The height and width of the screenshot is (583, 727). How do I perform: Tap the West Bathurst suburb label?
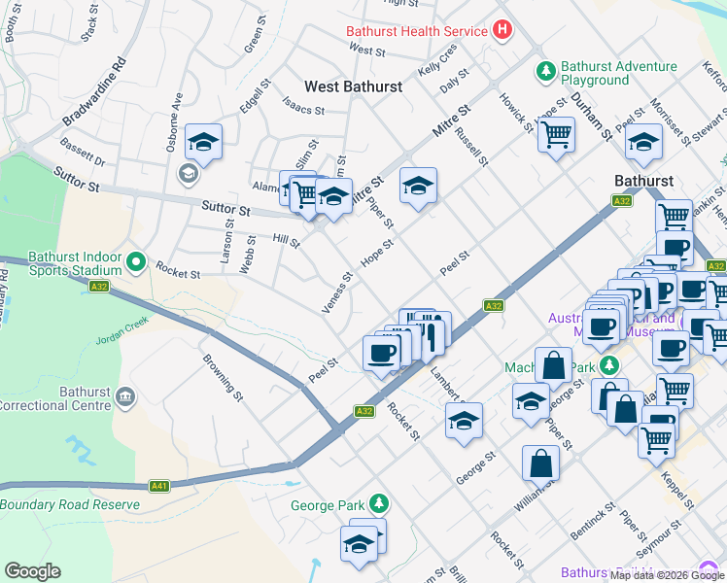point(353,86)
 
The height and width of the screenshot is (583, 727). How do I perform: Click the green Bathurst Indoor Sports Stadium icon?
point(137,262)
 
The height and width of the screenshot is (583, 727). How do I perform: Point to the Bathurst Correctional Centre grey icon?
point(124,396)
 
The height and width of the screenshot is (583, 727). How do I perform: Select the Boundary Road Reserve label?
point(70,504)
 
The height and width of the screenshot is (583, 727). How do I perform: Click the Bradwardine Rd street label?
point(94,93)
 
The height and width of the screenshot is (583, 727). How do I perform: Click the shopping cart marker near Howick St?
point(556,134)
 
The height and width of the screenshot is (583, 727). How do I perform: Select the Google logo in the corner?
point(32,570)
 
